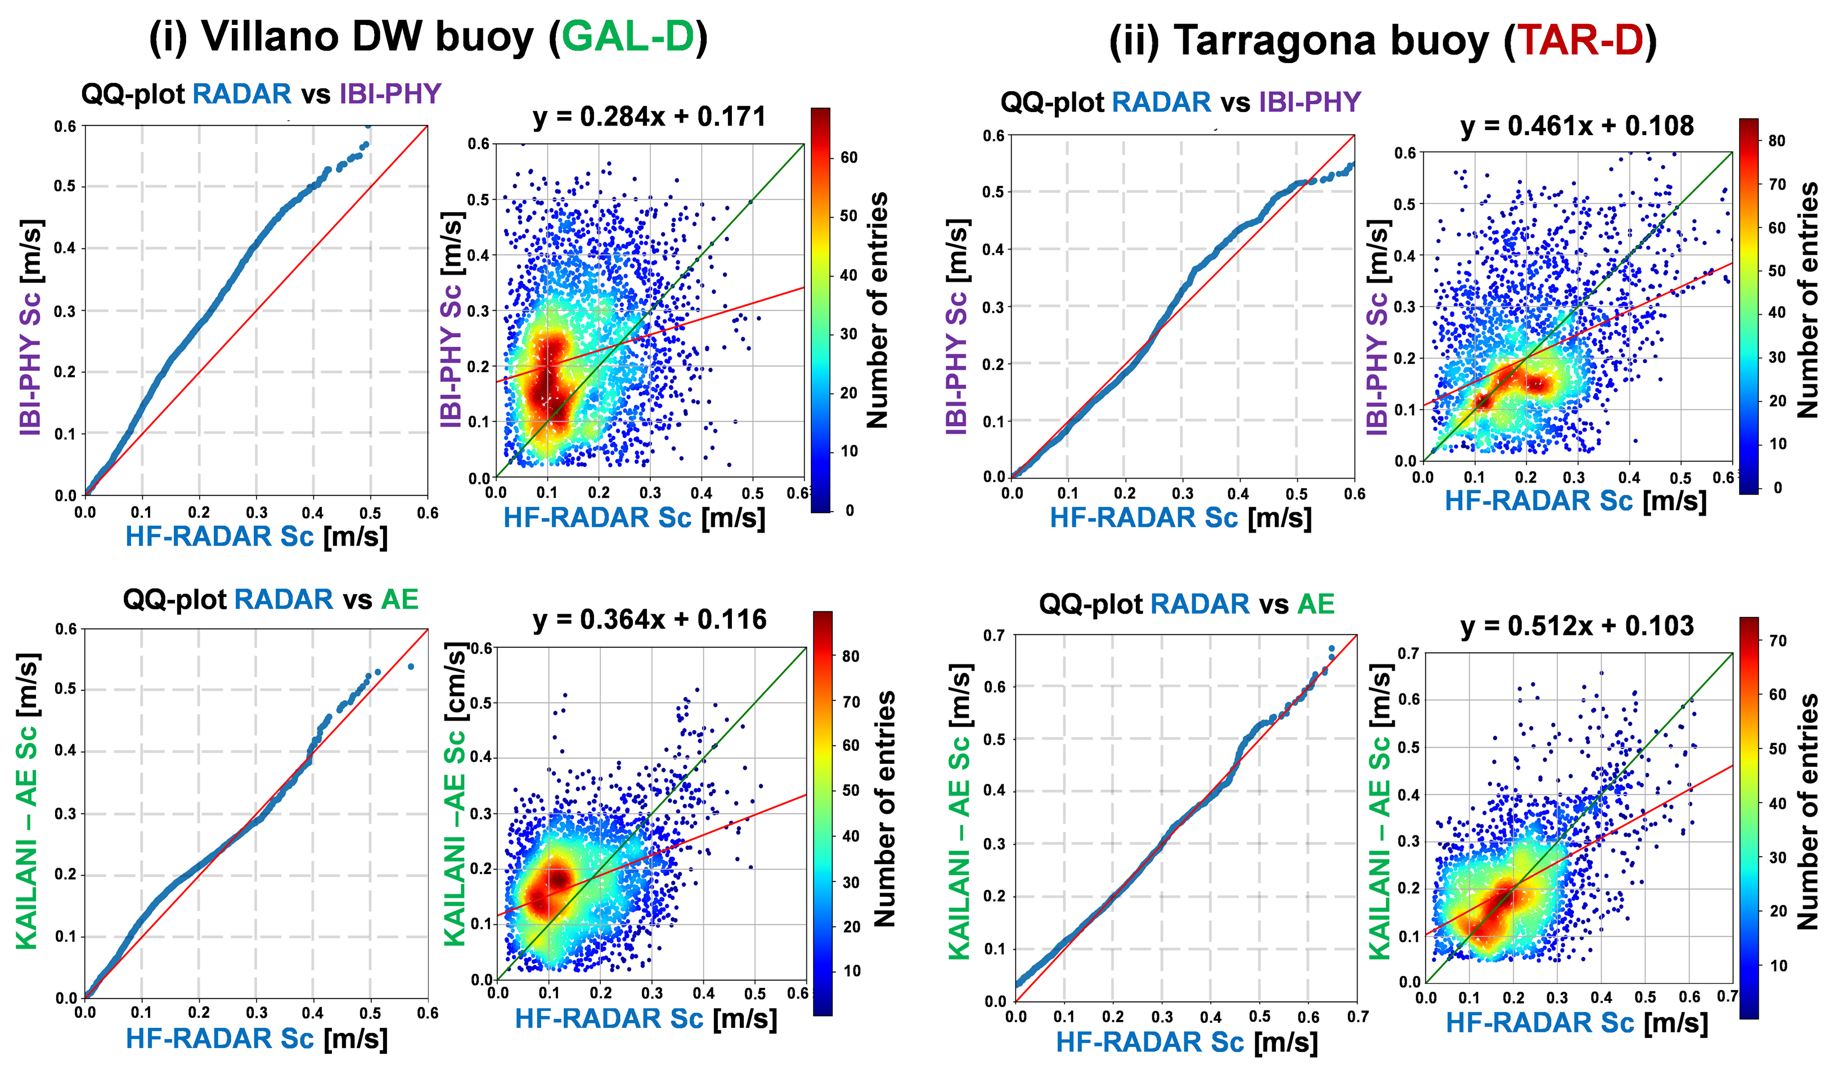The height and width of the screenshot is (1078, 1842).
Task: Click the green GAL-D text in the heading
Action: tap(628, 37)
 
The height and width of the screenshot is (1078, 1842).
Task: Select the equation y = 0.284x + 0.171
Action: tap(650, 117)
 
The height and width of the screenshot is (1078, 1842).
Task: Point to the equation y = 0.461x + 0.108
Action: tap(1576, 127)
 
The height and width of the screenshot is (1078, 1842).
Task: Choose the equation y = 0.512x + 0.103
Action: tap(1576, 627)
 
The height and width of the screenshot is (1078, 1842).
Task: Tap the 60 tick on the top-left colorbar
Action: tap(848, 157)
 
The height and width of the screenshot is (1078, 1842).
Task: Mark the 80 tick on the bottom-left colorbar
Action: tap(850, 656)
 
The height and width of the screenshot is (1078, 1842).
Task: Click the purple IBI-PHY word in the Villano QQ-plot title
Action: tap(390, 95)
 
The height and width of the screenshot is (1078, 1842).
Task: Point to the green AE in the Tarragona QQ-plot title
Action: tap(1316, 604)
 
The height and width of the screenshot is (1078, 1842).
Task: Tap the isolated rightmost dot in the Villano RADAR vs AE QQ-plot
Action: tap(411, 667)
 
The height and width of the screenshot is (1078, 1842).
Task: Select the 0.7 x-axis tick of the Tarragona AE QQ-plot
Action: tap(1358, 1017)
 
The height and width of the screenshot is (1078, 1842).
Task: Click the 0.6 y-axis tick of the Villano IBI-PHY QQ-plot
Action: tap(65, 127)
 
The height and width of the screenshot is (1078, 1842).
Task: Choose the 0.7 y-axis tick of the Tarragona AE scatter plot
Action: tap(1408, 653)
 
